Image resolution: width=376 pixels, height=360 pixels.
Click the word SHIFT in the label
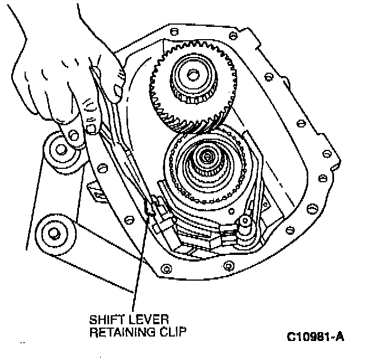coord(106,320)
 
